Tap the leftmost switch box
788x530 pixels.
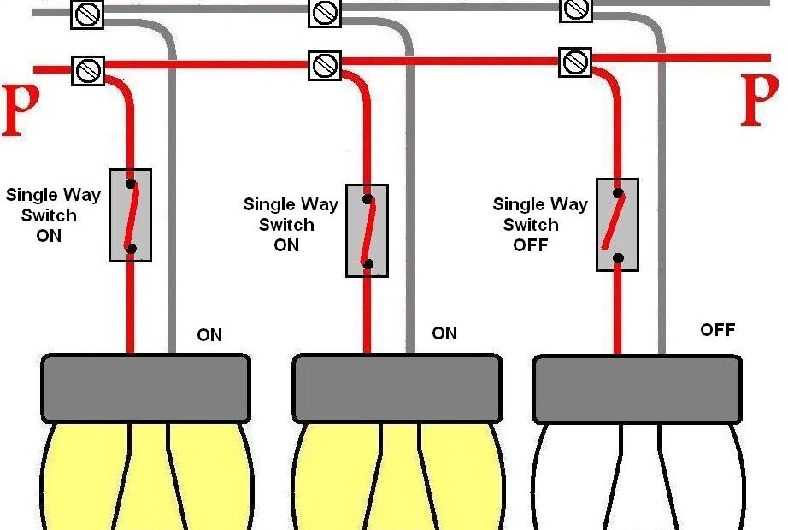(130, 215)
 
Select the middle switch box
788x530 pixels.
(367, 231)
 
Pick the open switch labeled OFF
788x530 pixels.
(617, 225)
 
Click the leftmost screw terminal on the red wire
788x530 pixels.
(87, 69)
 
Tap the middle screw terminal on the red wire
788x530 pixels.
(324, 65)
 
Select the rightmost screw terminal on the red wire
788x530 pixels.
(574, 62)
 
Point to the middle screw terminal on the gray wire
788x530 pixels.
(324, 12)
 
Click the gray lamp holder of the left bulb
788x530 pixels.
(146, 388)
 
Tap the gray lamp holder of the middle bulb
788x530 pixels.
(397, 388)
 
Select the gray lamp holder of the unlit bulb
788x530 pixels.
(637, 388)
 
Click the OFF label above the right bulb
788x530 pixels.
(717, 330)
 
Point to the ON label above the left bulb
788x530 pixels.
(209, 335)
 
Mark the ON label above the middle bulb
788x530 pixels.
(444, 333)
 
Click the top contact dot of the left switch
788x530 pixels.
(130, 183)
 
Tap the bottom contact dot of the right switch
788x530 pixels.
(617, 257)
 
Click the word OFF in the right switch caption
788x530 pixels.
(530, 245)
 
